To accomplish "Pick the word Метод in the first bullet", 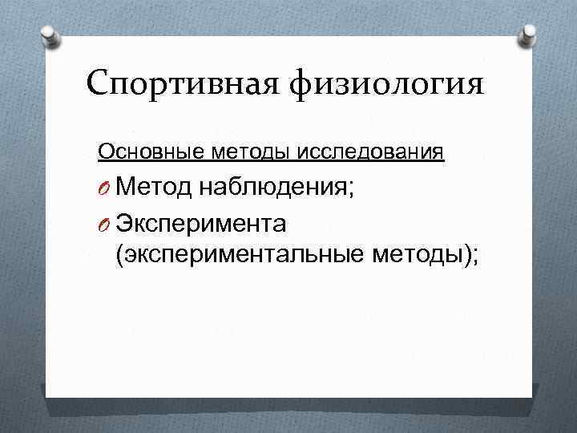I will click(155, 188).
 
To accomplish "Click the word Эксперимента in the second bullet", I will click(208, 221).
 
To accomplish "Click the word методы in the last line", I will click(417, 256).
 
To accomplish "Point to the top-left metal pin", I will click(50, 34).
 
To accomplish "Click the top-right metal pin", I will click(527, 34).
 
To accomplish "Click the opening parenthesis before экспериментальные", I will click(120, 257).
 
